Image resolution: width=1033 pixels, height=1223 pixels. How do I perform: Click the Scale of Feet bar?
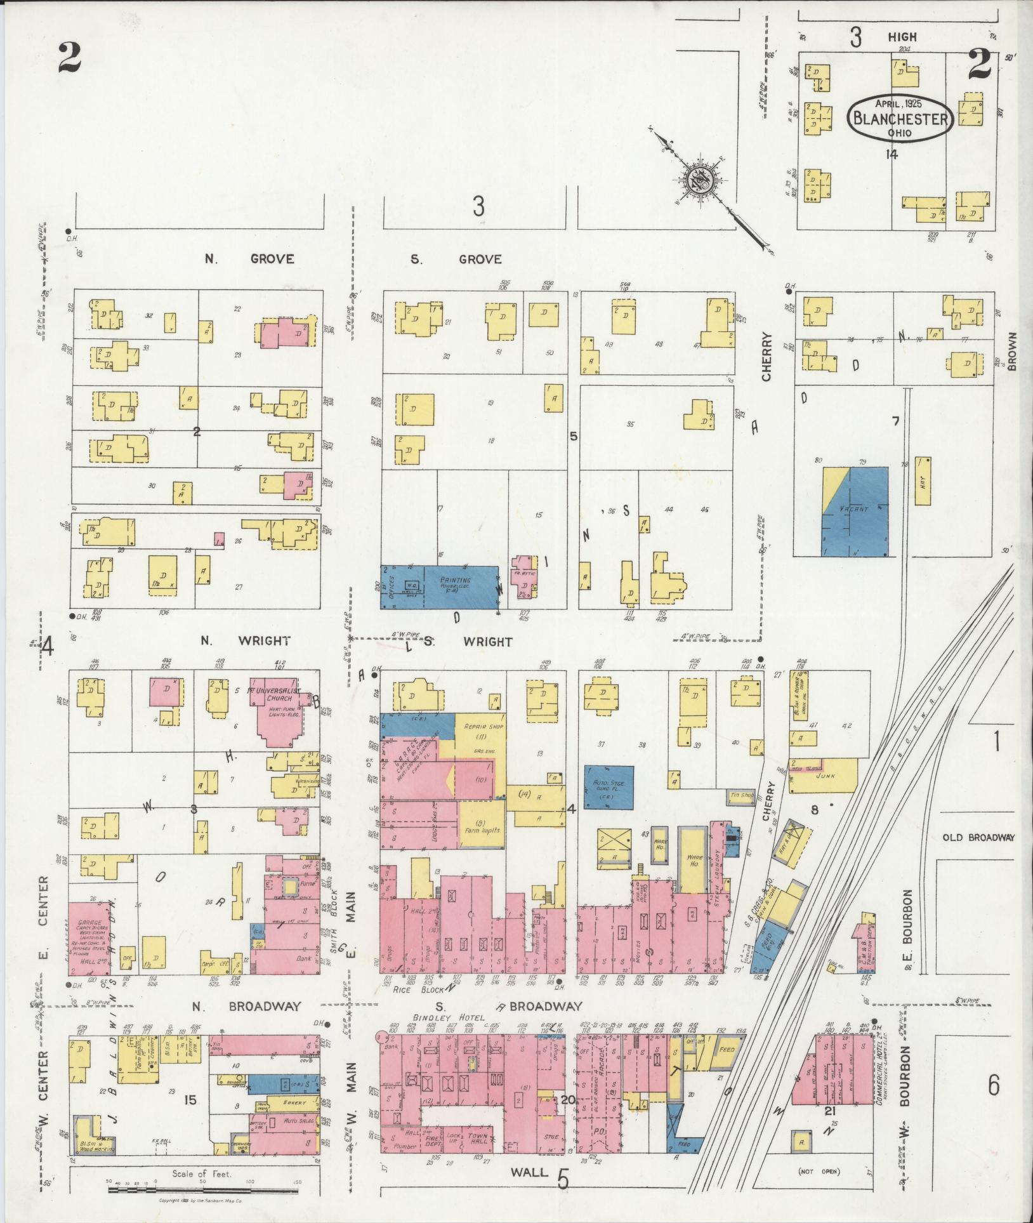click(202, 1184)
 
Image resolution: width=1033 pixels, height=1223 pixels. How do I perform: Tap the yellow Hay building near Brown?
click(923, 480)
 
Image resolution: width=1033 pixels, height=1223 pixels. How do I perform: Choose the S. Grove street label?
click(456, 259)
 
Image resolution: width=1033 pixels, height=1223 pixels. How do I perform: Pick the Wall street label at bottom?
click(529, 1172)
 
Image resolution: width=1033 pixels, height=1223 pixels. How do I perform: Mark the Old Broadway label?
click(978, 837)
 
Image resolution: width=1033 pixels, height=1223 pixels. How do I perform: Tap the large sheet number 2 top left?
click(69, 57)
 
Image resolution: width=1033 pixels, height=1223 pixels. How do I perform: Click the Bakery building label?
click(293, 1102)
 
